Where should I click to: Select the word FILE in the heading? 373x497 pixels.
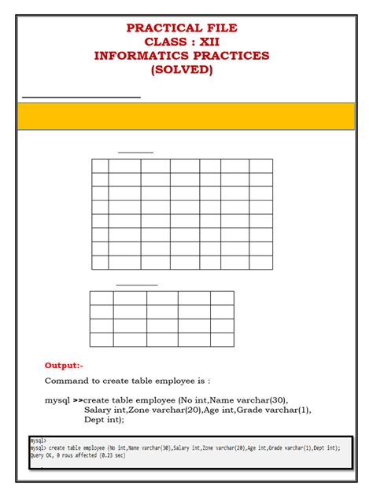pyautogui.click(x=220, y=28)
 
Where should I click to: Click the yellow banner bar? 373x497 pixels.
pyautogui.click(x=186, y=116)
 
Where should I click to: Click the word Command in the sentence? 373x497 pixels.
pyautogui.click(x=68, y=381)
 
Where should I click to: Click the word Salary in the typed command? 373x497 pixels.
pyautogui.click(x=99, y=410)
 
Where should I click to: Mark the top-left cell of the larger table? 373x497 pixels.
pyautogui.click(x=100, y=166)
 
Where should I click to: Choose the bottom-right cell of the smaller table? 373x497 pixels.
pyautogui.click(x=222, y=340)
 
